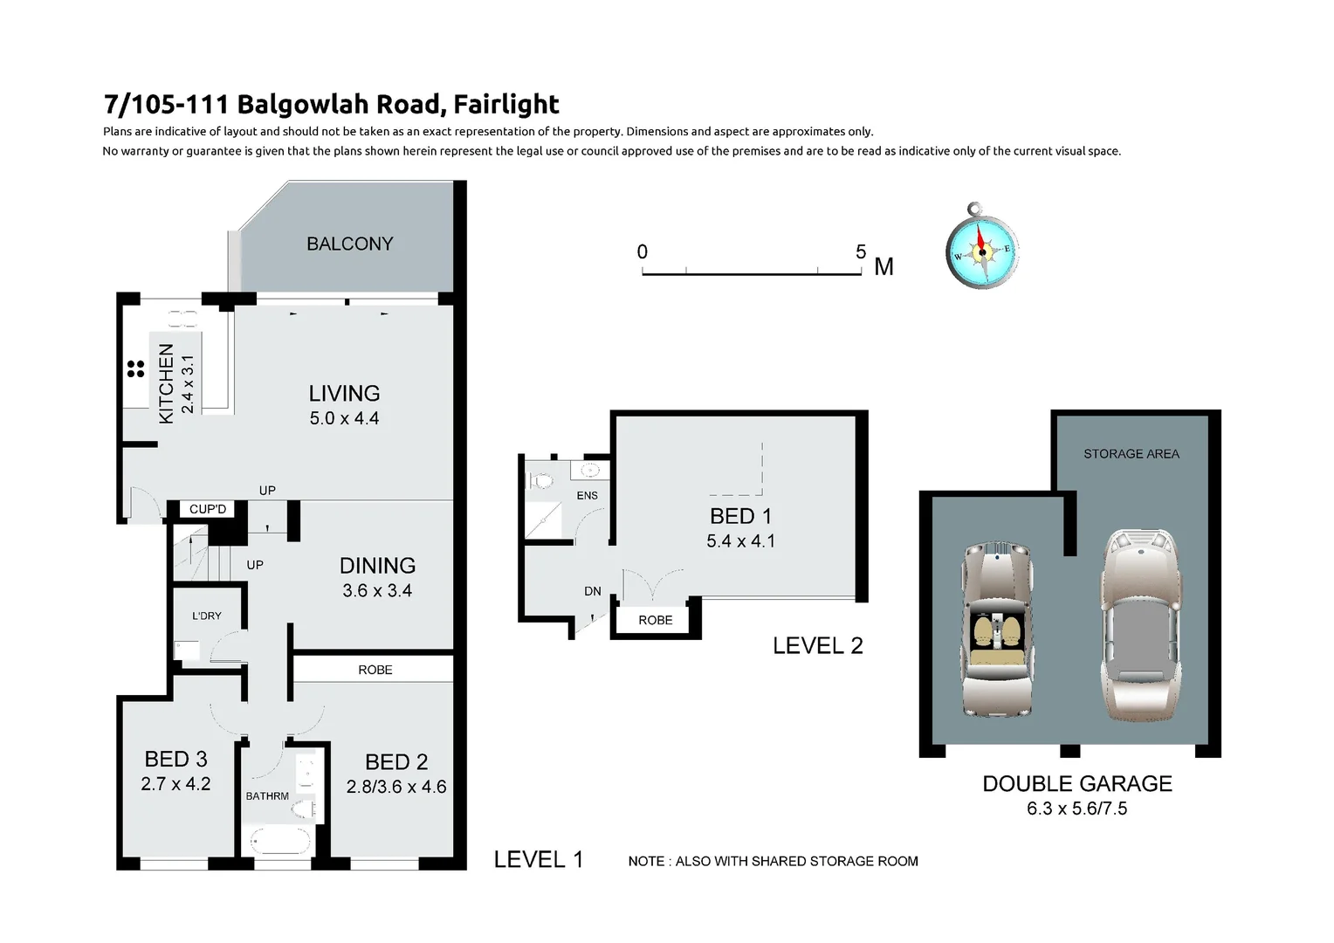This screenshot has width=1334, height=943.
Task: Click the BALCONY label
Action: click(349, 244)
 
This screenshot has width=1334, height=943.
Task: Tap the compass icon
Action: click(982, 251)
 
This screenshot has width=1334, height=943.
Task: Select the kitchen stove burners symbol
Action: click(135, 369)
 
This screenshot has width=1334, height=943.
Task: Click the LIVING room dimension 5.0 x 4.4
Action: click(344, 418)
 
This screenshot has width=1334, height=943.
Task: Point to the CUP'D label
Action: click(208, 509)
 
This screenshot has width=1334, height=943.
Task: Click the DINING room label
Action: click(377, 566)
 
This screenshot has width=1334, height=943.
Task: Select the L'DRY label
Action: click(207, 616)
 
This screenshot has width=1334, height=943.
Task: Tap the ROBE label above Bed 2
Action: click(375, 670)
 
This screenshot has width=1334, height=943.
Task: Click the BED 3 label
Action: click(175, 759)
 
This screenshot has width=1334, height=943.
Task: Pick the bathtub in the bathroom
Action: click(279, 842)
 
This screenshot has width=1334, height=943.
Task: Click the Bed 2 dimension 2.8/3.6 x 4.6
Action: click(396, 787)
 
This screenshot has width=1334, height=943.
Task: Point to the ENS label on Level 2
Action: click(587, 495)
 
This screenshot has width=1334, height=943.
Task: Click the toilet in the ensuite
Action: click(541, 480)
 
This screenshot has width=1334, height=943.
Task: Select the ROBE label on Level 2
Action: click(655, 620)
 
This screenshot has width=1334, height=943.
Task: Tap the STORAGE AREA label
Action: click(1131, 454)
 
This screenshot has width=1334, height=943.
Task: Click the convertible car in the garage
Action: click(999, 628)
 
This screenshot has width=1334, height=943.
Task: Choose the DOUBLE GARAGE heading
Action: click(1076, 783)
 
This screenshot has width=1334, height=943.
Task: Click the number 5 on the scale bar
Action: click(860, 252)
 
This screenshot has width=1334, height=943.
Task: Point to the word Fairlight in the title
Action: click(507, 104)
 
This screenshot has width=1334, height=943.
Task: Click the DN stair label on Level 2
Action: click(592, 591)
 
